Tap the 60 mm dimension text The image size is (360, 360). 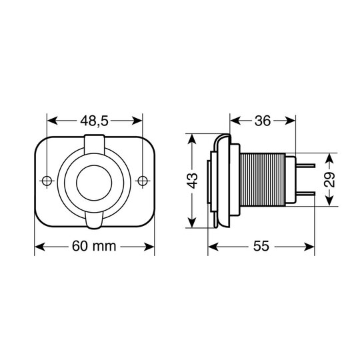(94, 247)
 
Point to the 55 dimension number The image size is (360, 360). (261, 247)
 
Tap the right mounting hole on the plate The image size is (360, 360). (142, 181)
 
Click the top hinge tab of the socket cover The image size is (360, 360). (95, 142)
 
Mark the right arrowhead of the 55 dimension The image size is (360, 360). (311, 247)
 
